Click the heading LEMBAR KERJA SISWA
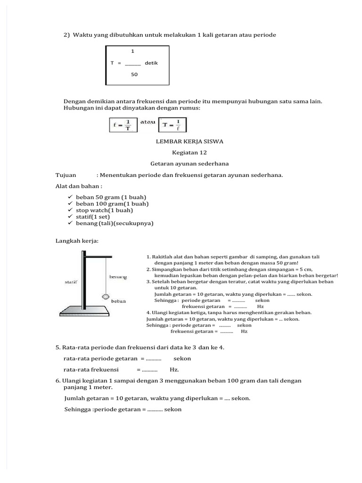click(x=189, y=141)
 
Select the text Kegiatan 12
click(x=189, y=152)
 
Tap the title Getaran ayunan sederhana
click(x=189, y=164)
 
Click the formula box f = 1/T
click(x=123, y=125)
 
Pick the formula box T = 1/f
click(x=173, y=125)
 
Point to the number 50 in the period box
click(x=134, y=74)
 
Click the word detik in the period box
click(x=151, y=62)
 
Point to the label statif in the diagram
click(x=71, y=282)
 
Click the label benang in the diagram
click(x=118, y=277)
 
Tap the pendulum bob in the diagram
click(x=106, y=297)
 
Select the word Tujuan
click(x=66, y=175)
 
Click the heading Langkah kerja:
click(x=77, y=241)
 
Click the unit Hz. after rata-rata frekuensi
click(x=174, y=370)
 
